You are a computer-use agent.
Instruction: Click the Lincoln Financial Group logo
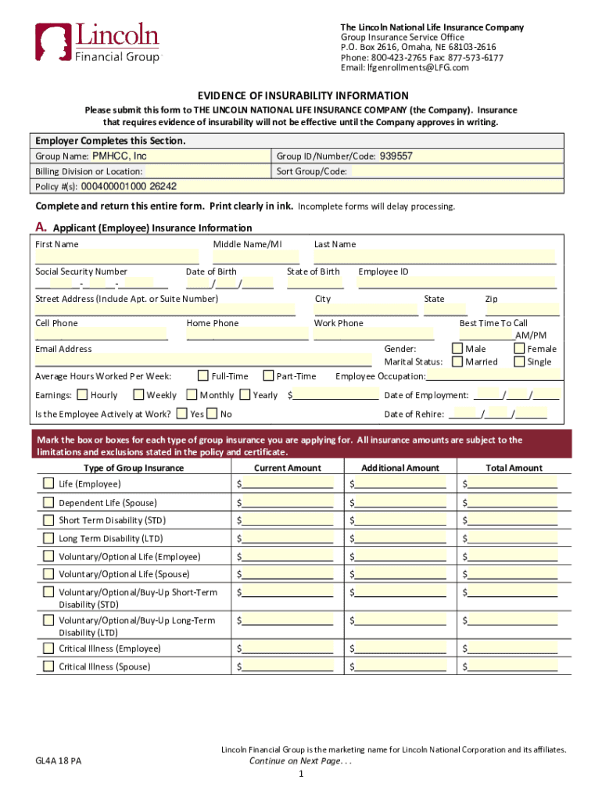(x=97, y=42)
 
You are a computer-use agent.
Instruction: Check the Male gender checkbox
(x=457, y=349)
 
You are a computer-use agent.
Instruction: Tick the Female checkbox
(x=519, y=349)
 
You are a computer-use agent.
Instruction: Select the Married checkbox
(x=457, y=361)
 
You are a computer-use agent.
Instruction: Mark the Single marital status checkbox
(x=519, y=361)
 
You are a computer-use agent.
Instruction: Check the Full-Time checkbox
(x=203, y=375)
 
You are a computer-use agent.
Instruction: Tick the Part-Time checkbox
(x=268, y=375)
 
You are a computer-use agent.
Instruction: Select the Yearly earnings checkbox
(x=245, y=395)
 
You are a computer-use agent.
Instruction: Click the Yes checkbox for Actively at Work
(x=181, y=414)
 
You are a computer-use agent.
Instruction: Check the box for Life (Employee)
(x=48, y=483)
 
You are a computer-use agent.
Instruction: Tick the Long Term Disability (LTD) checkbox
(x=48, y=538)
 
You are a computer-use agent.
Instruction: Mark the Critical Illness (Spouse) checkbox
(x=48, y=666)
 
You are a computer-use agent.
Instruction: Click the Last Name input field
(x=434, y=257)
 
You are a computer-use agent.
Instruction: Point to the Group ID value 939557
(x=396, y=156)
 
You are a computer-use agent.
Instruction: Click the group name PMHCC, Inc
(x=120, y=156)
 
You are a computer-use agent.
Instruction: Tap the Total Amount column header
(x=514, y=468)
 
